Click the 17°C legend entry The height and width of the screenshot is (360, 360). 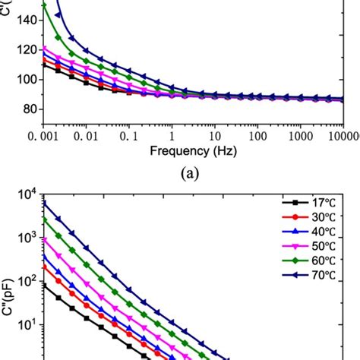[304, 203]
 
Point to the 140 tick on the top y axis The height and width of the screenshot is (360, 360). [27, 21]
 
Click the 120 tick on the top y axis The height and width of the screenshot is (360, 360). [27, 50]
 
